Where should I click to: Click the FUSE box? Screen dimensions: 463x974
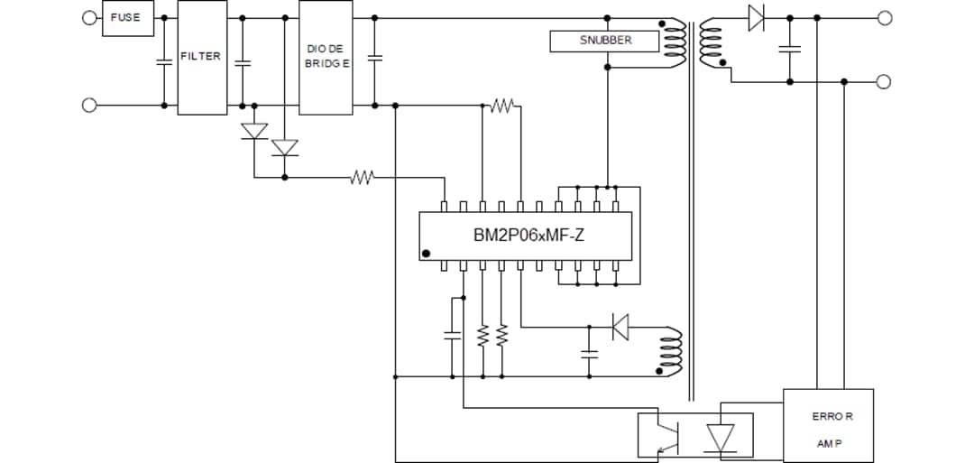click(x=128, y=18)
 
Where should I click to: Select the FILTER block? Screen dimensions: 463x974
click(x=201, y=57)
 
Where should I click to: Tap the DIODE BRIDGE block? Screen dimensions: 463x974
click(x=325, y=57)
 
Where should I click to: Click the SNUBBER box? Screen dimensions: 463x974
click(x=604, y=41)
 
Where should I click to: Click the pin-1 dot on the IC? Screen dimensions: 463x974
click(x=427, y=254)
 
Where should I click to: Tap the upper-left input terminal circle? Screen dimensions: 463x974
click(x=89, y=17)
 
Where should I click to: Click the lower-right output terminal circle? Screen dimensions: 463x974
click(x=884, y=81)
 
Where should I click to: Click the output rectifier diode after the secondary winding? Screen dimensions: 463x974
click(x=756, y=17)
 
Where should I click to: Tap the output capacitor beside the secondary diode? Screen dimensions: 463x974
click(x=790, y=49)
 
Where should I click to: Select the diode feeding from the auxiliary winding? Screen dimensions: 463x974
click(x=620, y=326)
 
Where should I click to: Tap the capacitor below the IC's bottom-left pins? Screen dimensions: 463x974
click(x=452, y=335)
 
